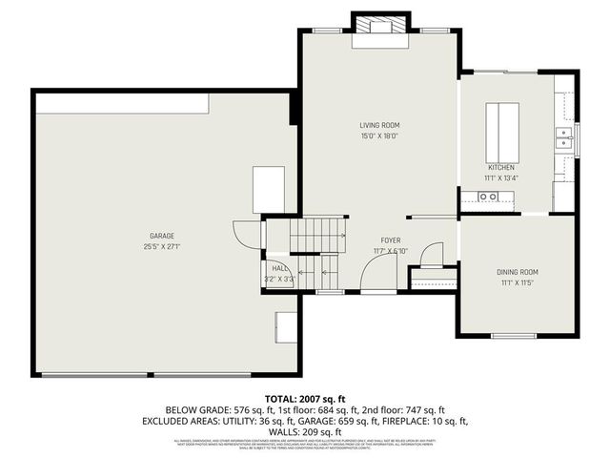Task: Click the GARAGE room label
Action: click(161, 236)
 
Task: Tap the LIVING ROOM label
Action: click(379, 125)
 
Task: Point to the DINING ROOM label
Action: click(518, 272)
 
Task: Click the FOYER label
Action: click(392, 240)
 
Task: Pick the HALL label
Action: click(280, 269)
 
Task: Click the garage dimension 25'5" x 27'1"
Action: click(161, 246)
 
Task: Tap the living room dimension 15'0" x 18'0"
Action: click(379, 135)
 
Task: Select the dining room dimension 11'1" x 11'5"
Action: click(518, 282)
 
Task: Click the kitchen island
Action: click(503, 133)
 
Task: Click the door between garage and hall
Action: click(247, 235)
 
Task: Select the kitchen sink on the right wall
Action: click(565, 141)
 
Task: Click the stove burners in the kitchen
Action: click(488, 197)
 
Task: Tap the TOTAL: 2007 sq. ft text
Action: click(305, 397)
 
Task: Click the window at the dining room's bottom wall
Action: click(516, 335)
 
